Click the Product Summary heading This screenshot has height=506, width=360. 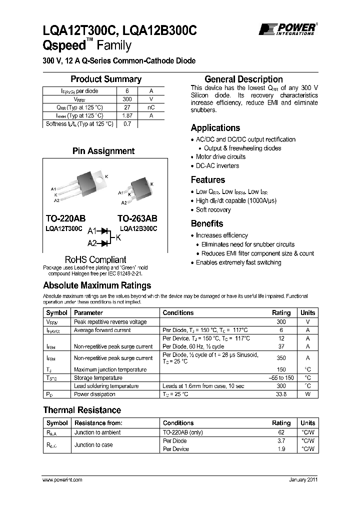[105, 79]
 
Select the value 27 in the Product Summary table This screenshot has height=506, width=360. [126, 107]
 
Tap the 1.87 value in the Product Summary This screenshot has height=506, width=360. [126, 115]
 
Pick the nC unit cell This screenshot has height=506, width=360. [151, 107]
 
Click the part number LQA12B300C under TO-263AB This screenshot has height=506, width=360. [137, 228]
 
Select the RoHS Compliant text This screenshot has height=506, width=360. [95, 259]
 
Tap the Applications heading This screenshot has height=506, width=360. [215, 128]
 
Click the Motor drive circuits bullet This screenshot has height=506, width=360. [220, 157]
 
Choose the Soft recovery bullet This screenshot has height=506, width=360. [213, 210]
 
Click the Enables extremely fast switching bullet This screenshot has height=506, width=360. [238, 262]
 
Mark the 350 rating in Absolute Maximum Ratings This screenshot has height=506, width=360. [280, 358]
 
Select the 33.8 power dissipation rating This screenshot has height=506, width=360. [280, 394]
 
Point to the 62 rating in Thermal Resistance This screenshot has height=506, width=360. [280, 432]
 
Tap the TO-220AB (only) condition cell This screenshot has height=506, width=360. [183, 432]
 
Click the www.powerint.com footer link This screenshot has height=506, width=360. [62, 479]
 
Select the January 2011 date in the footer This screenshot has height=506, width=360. [303, 479]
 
